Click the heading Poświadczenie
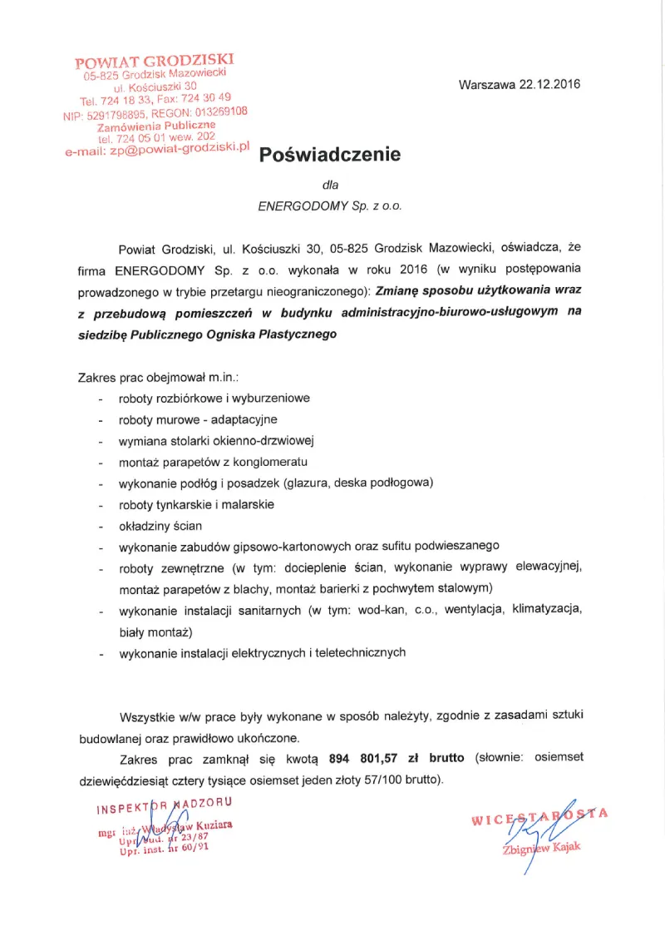pos(330,155)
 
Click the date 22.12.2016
pos(549,84)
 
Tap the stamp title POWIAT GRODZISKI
pos(155,61)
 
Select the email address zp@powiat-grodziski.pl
pos(180,148)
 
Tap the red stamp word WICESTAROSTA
pos(540,820)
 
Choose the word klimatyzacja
pos(548,610)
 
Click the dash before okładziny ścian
pos(101,527)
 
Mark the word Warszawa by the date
pos(486,84)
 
